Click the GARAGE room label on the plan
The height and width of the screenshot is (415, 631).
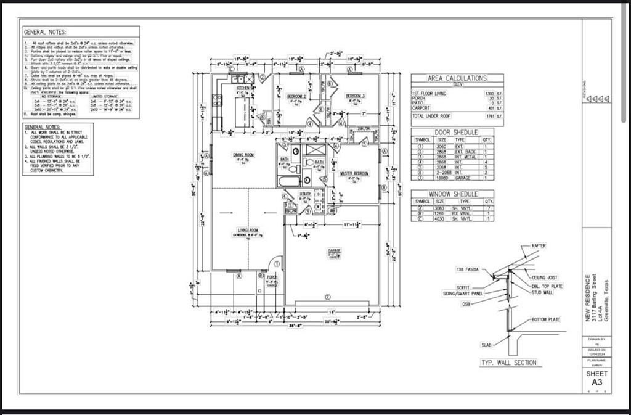point(334,250)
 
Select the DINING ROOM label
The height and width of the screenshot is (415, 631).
point(243,154)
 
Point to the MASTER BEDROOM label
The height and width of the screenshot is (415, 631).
point(355,173)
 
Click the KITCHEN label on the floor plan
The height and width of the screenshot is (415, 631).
point(243,88)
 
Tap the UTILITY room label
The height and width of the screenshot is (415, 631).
point(306,194)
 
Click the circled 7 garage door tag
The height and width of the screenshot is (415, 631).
point(328,297)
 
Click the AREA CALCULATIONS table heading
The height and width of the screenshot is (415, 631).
point(457,78)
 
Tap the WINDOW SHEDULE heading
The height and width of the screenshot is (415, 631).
point(457,194)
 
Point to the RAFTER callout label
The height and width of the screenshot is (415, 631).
point(539,245)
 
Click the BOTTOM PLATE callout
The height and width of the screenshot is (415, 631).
point(545,319)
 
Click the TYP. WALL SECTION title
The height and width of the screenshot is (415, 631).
point(508,363)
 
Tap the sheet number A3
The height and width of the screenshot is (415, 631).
point(597,382)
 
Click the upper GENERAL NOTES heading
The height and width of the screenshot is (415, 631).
point(45,31)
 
